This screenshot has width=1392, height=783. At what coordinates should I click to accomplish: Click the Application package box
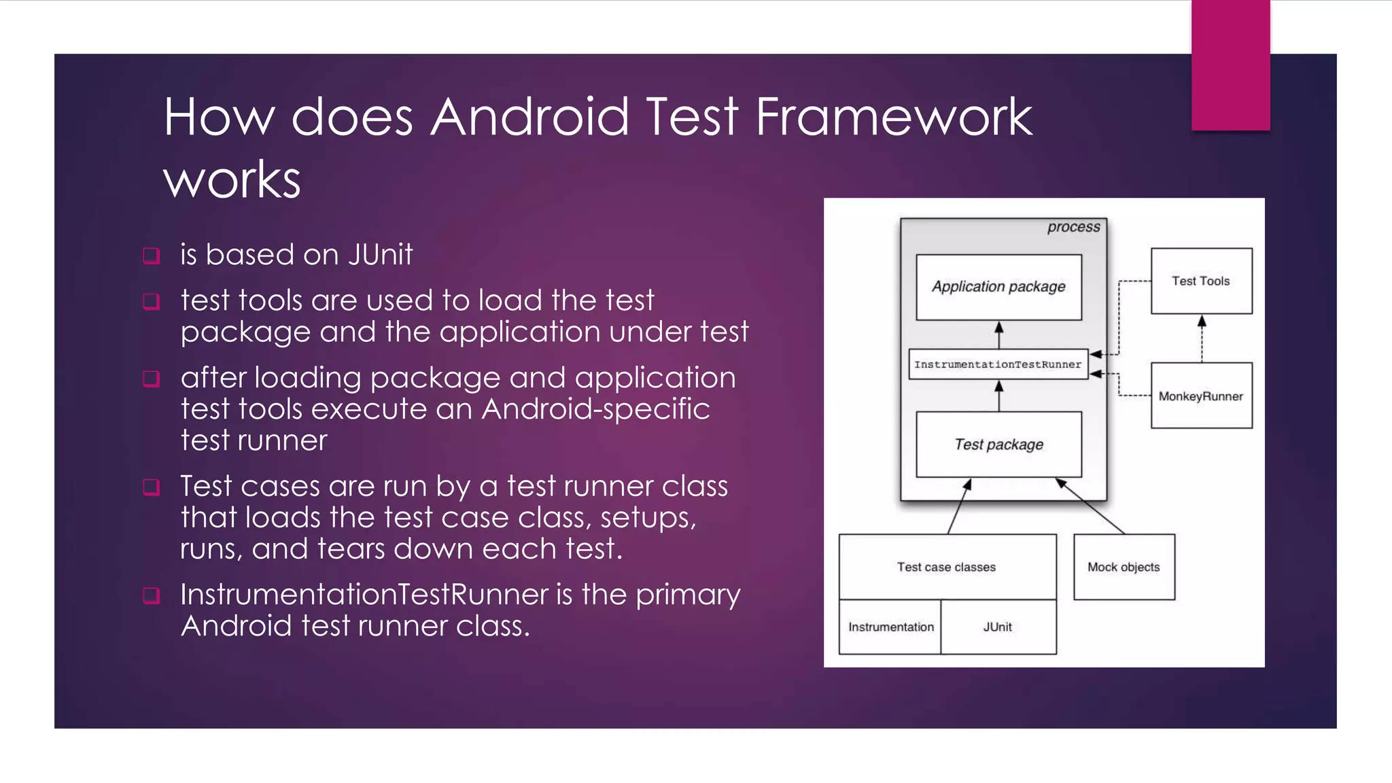tap(998, 287)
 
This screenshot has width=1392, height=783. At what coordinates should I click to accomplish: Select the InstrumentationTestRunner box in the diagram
tap(998, 364)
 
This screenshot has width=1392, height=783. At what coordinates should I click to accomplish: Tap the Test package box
tap(998, 445)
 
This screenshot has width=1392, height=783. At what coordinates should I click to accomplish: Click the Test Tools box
tap(1201, 281)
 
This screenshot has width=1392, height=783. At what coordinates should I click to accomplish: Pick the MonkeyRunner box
tap(1201, 396)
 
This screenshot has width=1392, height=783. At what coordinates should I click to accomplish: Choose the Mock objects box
tap(1124, 567)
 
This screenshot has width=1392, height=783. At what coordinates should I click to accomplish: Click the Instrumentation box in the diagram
tap(890, 627)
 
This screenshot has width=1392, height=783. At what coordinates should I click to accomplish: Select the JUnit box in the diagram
tap(998, 627)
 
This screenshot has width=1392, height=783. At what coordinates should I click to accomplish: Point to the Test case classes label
tap(946, 567)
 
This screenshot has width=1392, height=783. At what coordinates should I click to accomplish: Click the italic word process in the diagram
tap(1073, 227)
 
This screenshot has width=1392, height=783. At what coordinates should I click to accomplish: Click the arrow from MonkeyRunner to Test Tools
tap(1202, 338)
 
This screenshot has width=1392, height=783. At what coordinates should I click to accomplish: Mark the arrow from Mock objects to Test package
tap(1090, 506)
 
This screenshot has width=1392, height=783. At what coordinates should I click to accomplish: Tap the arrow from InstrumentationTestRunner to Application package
tap(998, 335)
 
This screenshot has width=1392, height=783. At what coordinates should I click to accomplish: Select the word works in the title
tap(232, 179)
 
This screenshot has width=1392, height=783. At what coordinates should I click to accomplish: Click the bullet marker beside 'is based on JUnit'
tap(152, 256)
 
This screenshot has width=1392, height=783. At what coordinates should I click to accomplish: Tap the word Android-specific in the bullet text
tap(595, 409)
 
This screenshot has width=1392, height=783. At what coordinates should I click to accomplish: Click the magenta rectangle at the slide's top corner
tap(1230, 65)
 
